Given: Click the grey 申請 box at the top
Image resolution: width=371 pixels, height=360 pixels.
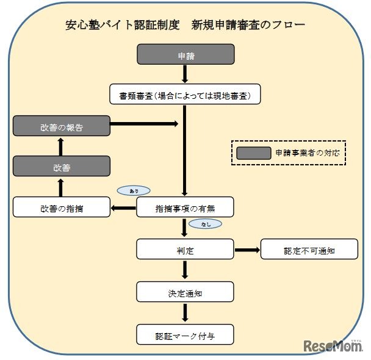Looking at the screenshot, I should [x=185, y=55].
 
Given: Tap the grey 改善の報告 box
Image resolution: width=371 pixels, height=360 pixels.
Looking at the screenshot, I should [x=61, y=126].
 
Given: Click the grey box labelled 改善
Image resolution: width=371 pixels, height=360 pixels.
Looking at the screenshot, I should [x=61, y=166].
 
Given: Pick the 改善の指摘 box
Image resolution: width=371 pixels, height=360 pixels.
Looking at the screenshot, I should [x=61, y=207].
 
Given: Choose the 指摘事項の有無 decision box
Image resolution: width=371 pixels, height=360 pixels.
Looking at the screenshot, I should [x=185, y=207].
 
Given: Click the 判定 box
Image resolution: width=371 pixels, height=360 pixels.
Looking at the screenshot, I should [x=185, y=249].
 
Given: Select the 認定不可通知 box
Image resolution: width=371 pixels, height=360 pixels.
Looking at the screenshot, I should [x=308, y=249].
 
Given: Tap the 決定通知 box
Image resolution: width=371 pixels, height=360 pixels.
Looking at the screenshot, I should [x=185, y=292].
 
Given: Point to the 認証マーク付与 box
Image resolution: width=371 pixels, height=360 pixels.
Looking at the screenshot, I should [x=185, y=334].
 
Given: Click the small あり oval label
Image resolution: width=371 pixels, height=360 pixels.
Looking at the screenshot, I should [x=132, y=190].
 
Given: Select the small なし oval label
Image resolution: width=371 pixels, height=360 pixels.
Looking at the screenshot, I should [x=205, y=224].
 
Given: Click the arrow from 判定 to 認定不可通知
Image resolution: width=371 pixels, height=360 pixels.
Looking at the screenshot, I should [x=247, y=249].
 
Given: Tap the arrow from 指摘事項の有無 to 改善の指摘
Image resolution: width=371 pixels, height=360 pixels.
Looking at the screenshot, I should [x=123, y=207].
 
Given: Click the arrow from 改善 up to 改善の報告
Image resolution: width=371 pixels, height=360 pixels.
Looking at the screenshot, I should [x=61, y=146].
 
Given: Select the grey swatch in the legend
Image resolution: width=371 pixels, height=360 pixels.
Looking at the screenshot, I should [x=253, y=153].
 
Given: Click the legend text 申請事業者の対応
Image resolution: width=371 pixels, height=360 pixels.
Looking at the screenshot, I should [x=308, y=153].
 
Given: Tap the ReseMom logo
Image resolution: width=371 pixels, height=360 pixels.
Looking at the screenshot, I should [x=332, y=345].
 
